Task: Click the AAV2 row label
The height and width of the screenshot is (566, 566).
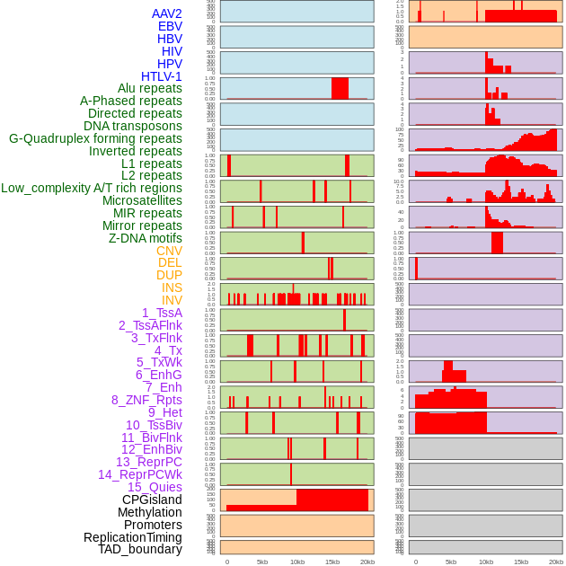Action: tap(166, 13)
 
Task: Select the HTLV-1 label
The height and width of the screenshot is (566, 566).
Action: tap(162, 76)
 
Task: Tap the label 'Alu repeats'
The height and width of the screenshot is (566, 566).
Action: tap(150, 88)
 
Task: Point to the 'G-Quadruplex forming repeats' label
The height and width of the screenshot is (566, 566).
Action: tap(95, 138)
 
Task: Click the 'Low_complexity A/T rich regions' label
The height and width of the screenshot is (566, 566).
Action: tap(92, 188)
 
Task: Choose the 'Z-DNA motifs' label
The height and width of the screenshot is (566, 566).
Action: tap(146, 238)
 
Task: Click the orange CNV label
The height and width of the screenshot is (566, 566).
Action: tap(169, 251)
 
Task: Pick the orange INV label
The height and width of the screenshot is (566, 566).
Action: tap(172, 300)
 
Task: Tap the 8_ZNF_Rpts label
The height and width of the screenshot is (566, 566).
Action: tap(146, 400)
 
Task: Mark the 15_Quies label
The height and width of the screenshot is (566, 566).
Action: tap(155, 487)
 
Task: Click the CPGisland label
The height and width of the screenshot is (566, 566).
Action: tap(152, 500)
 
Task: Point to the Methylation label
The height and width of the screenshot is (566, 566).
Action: tap(150, 512)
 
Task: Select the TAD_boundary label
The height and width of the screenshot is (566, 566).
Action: tap(140, 549)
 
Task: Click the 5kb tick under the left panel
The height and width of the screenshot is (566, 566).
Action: tap(262, 562)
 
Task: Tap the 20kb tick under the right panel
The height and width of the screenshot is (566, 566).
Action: tap(556, 562)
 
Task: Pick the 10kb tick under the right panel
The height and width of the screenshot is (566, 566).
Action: tap(486, 562)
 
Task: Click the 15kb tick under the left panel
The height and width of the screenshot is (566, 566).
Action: tap(332, 562)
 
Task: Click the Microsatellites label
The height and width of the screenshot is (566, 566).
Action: tap(142, 200)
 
